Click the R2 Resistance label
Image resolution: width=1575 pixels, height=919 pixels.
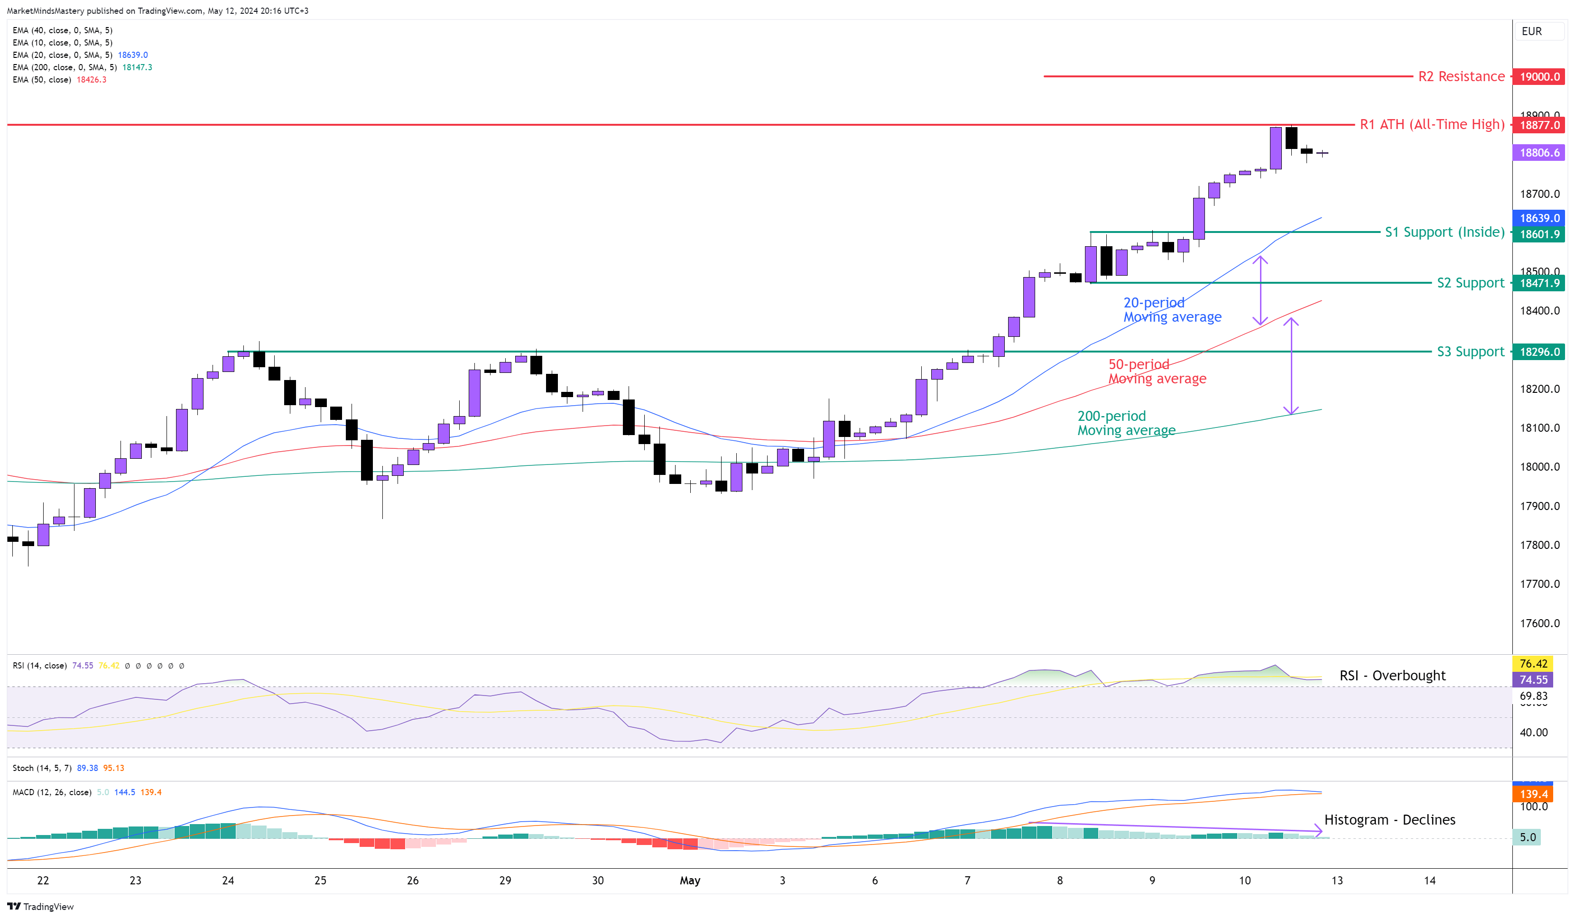(1461, 76)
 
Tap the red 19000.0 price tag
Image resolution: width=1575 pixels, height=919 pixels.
(1539, 77)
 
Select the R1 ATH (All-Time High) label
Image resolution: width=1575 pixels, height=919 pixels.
(1431, 124)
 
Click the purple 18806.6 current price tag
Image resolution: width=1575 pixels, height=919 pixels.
(1539, 153)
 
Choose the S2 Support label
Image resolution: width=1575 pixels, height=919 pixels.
(1470, 283)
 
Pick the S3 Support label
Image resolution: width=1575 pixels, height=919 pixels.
(1470, 352)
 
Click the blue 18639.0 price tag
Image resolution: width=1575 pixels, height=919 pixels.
(1539, 218)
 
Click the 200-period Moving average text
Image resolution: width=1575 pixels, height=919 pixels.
(1126, 423)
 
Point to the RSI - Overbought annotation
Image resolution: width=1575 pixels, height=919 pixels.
(1392, 675)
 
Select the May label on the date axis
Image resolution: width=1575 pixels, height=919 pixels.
(689, 880)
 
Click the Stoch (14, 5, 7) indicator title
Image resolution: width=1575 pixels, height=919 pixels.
(42, 768)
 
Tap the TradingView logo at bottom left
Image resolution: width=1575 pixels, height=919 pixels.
(40, 907)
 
